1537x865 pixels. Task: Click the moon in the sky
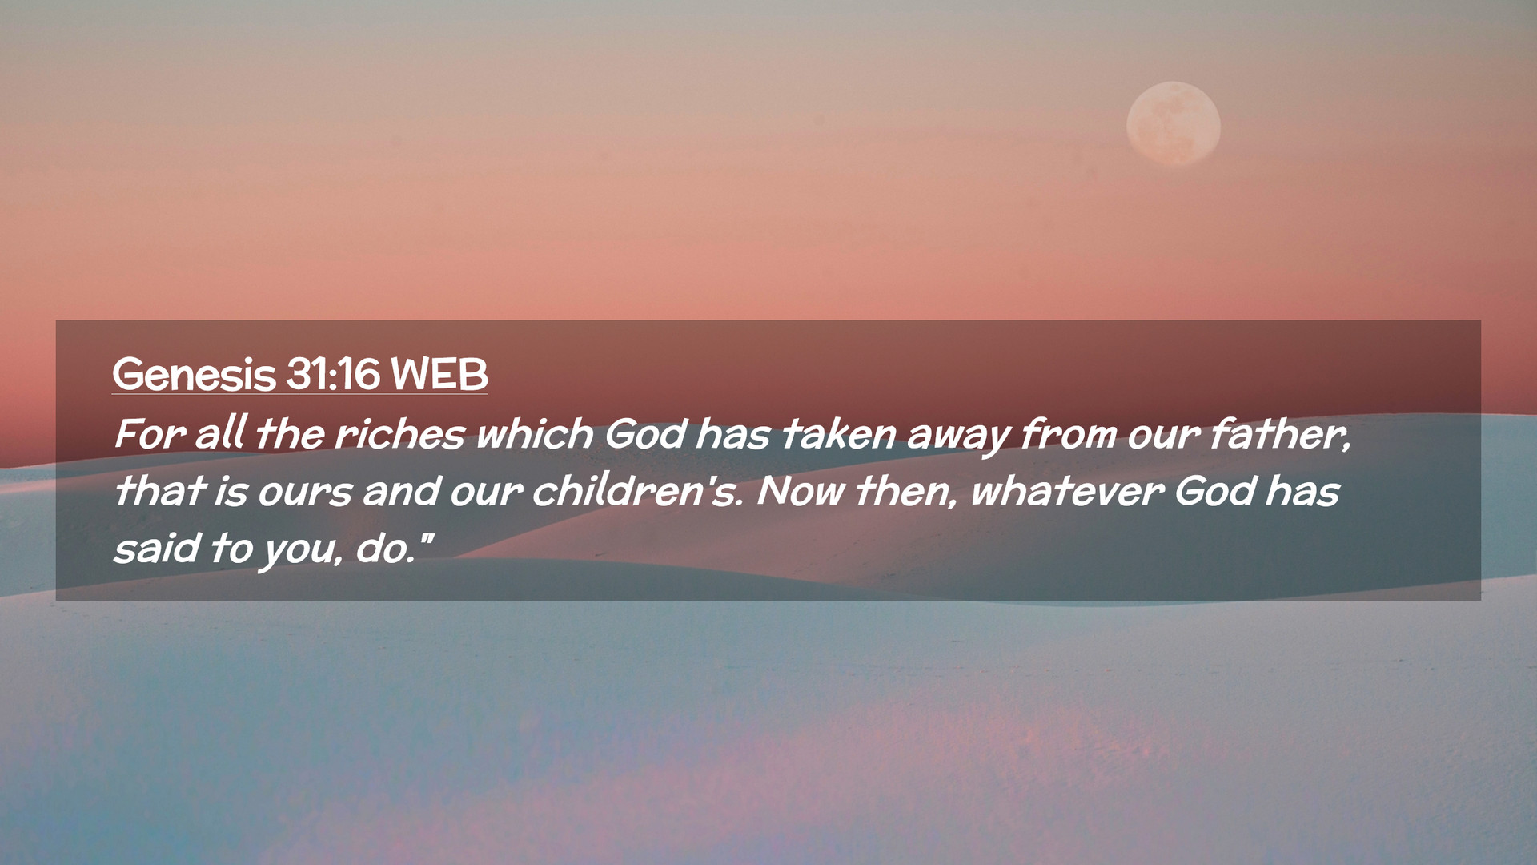click(x=1173, y=124)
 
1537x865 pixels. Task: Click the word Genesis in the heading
click(x=194, y=374)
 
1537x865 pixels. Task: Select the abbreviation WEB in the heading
click(x=439, y=374)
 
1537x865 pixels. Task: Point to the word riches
click(x=399, y=433)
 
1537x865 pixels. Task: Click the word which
click(x=535, y=433)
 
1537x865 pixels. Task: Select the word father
click(x=1279, y=433)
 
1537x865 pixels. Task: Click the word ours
click(x=305, y=491)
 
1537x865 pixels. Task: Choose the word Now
click(x=801, y=490)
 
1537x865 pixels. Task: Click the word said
click(x=157, y=547)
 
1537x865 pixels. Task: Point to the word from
click(x=1069, y=433)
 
